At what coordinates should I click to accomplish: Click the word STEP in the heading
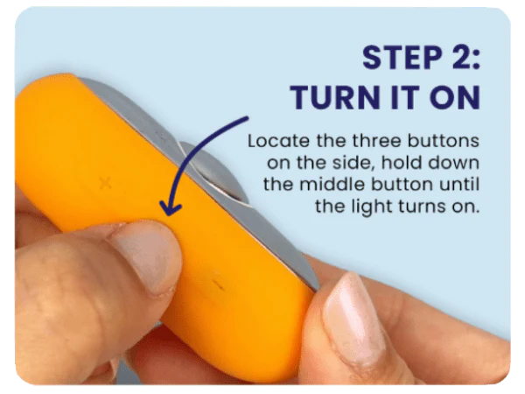coord(402,58)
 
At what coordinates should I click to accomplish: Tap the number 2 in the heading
coord(460,58)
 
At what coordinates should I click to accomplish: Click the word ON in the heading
coord(455,97)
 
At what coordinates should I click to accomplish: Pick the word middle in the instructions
coord(332,185)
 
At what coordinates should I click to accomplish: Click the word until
coord(459,185)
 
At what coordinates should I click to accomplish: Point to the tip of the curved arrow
coord(169,215)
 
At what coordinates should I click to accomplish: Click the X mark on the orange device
coord(105,183)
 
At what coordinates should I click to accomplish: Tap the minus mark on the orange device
coord(218,285)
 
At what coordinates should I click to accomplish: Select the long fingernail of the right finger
coord(353,319)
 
